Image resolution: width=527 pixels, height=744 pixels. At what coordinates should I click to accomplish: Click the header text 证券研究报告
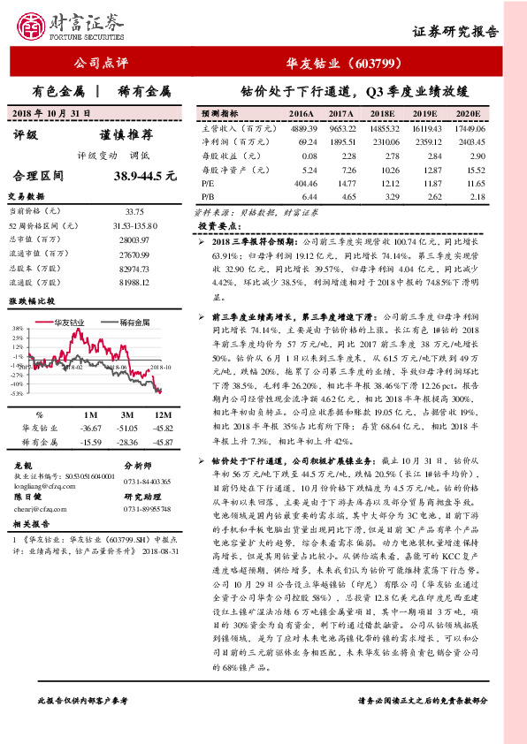pyautogui.click(x=455, y=32)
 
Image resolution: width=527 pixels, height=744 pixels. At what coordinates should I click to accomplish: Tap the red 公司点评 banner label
pyautogui.click(x=101, y=64)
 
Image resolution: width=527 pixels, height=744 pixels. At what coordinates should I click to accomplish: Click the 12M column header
pyautogui.click(x=162, y=414)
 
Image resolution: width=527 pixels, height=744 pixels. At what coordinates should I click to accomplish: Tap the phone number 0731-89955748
pyautogui.click(x=147, y=509)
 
